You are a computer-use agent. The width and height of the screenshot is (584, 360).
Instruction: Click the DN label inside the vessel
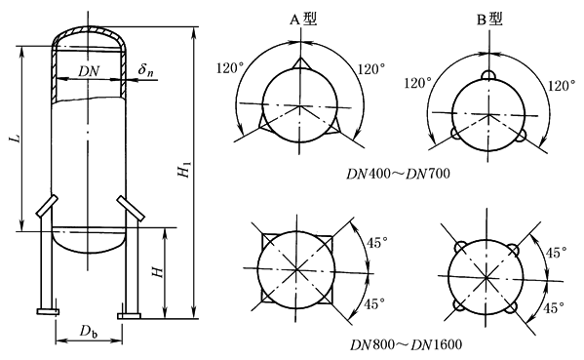click(89, 71)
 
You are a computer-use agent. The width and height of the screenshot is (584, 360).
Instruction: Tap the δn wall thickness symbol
click(145, 69)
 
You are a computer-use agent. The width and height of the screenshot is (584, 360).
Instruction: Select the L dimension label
click(15, 139)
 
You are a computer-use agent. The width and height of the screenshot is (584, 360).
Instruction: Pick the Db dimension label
click(89, 331)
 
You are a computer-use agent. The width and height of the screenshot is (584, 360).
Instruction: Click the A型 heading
click(303, 19)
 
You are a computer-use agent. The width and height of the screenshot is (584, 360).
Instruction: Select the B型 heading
click(490, 19)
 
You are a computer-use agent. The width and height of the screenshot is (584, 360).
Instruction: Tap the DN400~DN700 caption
click(398, 174)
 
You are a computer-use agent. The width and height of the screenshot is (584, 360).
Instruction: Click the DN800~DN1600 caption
click(406, 344)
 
